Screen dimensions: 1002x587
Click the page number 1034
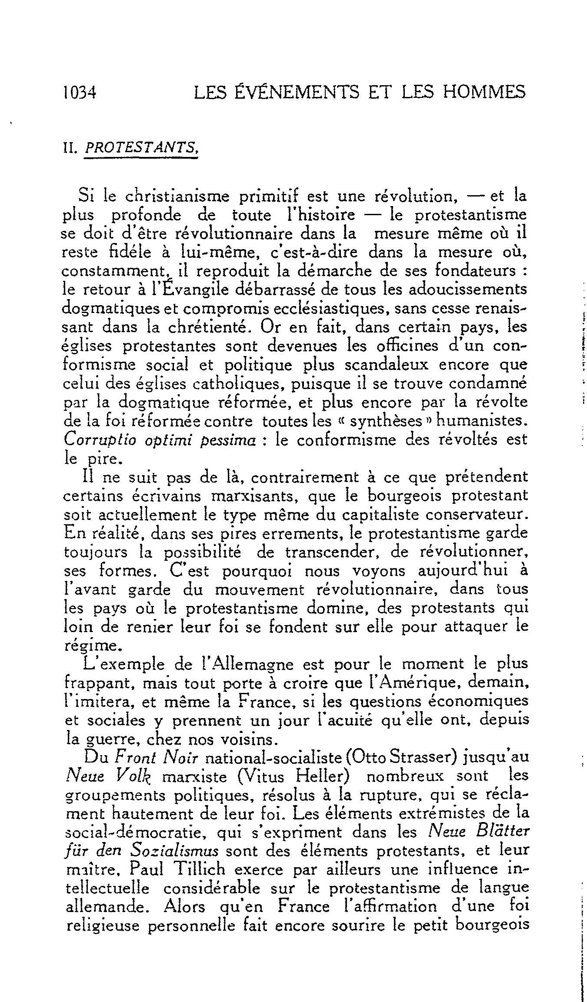tap(80, 92)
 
